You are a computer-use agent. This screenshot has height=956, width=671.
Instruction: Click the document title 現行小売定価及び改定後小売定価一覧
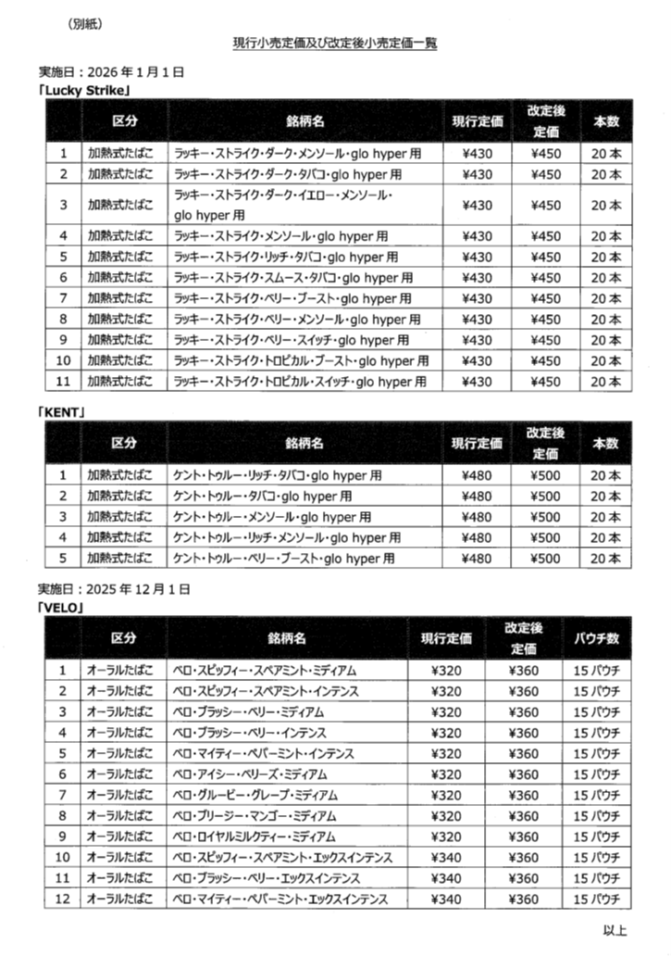pos(334,43)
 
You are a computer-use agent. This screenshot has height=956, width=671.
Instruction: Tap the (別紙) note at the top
pos(84,23)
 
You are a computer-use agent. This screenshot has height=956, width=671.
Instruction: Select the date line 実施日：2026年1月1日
pos(112,71)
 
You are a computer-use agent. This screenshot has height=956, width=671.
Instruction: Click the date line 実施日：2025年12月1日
pos(115,589)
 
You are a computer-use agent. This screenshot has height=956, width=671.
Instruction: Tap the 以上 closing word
pos(615,930)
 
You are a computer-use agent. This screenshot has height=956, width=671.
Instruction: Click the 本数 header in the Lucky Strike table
pos(606,121)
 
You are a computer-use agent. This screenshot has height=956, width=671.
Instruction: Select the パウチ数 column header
pos(597,638)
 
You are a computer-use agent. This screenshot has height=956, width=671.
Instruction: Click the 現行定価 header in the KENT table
pos(477,444)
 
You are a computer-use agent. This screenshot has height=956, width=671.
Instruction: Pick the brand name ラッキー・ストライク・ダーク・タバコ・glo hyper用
pos(287,174)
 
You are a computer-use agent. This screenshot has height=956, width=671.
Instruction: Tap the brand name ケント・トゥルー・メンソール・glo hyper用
pos(272,517)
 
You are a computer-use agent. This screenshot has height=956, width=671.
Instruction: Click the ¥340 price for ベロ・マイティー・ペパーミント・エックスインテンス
pos(446,899)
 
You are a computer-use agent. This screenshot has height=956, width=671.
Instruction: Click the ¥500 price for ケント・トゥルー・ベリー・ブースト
pos(547,559)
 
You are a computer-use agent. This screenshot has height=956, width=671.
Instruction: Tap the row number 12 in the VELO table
pos(63,899)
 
